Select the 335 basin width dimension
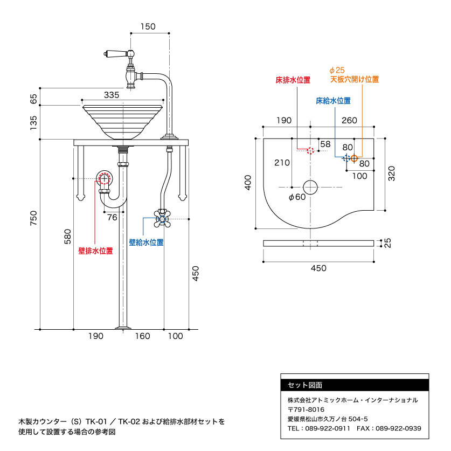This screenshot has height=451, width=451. (x=112, y=95)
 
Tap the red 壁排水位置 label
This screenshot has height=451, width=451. (x=95, y=251)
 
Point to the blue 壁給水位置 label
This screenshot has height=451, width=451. (x=146, y=242)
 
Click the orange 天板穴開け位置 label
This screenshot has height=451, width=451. (x=355, y=79)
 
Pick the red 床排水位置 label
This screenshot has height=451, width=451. (x=293, y=80)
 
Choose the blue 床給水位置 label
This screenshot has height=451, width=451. (x=333, y=101)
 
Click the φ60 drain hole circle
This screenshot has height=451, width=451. (x=311, y=186)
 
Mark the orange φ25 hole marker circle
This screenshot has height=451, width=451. (x=354, y=158)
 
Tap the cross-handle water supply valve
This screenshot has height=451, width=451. (x=161, y=218)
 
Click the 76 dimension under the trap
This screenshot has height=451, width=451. (x=112, y=217)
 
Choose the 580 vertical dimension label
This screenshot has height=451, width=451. (x=67, y=237)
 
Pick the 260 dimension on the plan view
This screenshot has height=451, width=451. (x=349, y=120)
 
